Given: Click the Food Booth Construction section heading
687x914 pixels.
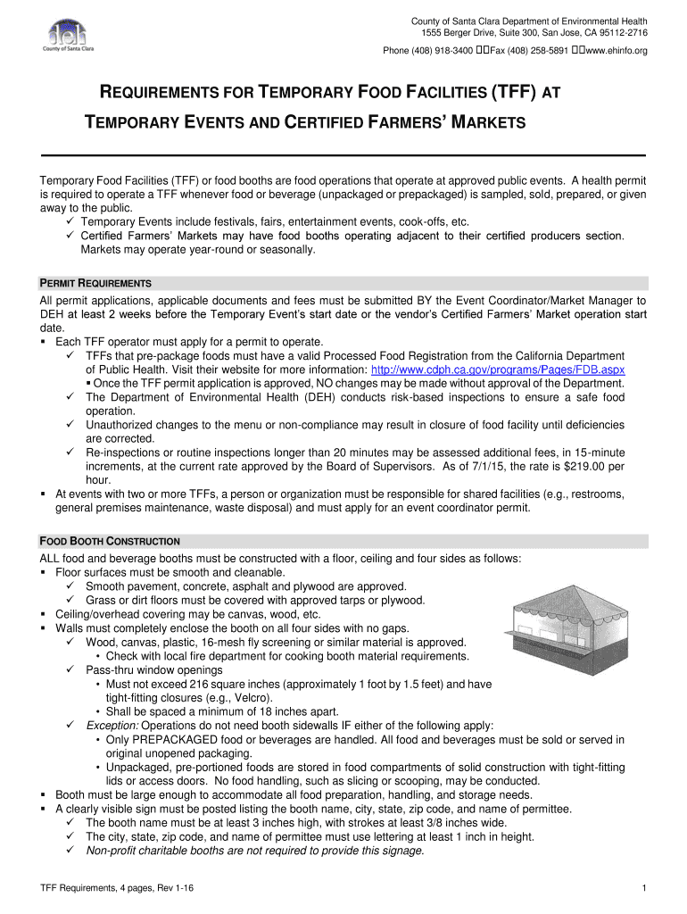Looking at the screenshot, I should [110, 541].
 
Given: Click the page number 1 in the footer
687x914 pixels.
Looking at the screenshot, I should [643, 888].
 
